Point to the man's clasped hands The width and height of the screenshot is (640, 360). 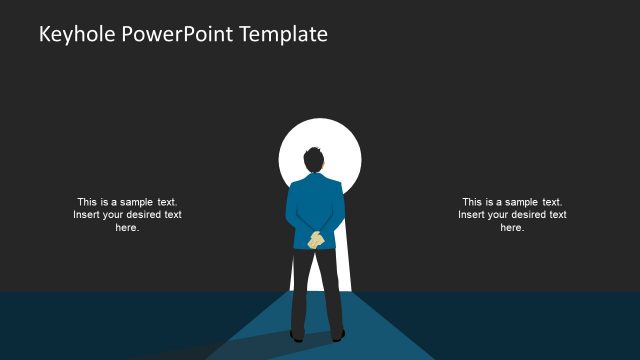pos(316,239)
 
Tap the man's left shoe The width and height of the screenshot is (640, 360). pos(297,335)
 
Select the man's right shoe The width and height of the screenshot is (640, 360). pos(337,335)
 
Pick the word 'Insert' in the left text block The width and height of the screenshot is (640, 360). pos(87,214)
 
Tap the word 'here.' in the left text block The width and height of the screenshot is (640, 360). pos(127,228)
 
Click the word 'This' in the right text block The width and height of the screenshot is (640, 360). pos(472,201)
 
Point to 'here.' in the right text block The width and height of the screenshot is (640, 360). pos(512,228)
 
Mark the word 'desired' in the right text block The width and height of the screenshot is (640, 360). pos(529,214)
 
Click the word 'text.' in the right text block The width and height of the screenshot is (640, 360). pos(551,201)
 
